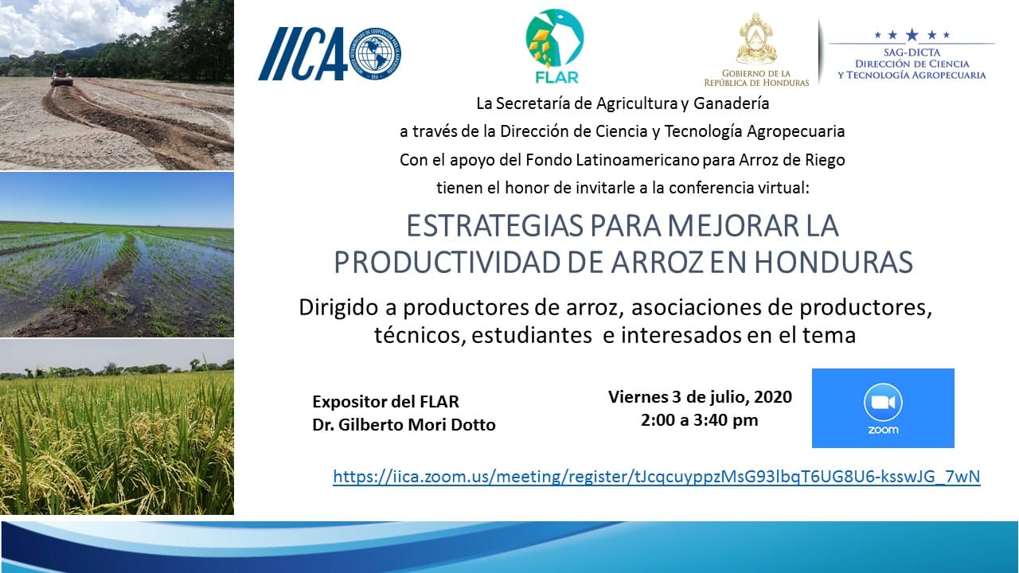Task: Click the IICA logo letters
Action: point(303,53)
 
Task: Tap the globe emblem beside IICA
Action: point(375,53)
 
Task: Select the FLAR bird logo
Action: point(555,38)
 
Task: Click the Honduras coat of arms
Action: point(756,39)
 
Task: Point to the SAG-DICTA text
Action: point(912,53)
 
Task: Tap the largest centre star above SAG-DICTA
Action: point(912,34)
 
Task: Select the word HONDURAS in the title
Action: point(834,262)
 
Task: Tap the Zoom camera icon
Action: point(883,403)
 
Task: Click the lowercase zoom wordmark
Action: point(883,430)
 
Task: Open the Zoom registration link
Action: point(657,476)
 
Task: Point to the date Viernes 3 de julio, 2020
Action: point(700,397)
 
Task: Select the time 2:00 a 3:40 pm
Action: point(700,420)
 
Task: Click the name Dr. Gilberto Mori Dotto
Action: point(404,425)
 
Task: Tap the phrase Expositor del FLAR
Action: point(386,402)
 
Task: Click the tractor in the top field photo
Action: point(61,76)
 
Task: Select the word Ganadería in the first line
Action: point(731,103)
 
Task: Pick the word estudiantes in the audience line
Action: point(531,336)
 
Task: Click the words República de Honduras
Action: point(756,83)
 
